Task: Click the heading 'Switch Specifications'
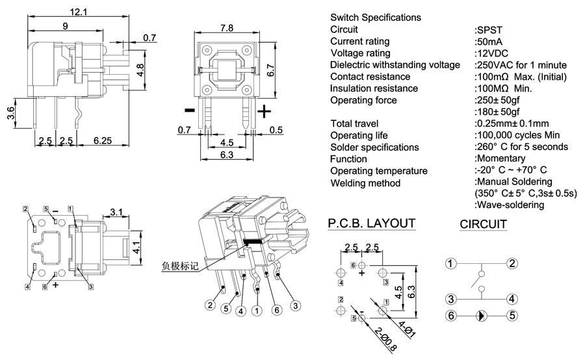point(375,18)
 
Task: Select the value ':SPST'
point(488,30)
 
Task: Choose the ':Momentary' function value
point(500,159)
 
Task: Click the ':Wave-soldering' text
point(510,205)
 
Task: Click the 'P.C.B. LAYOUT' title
point(371,224)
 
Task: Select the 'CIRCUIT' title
point(484,225)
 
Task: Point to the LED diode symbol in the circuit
point(480,316)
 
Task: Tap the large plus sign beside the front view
point(265,111)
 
